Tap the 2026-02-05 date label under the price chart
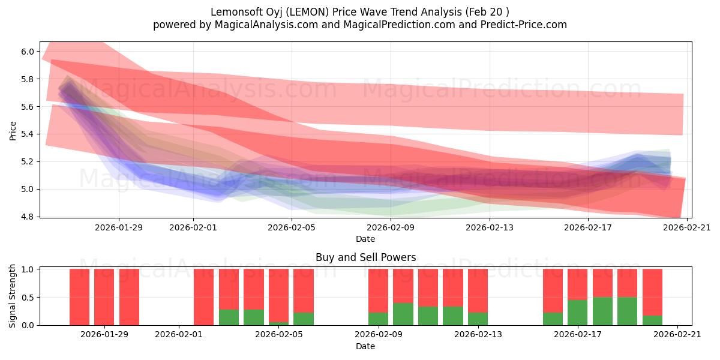pos(292,227)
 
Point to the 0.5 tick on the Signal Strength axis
pos(28,297)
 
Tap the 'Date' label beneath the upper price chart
pos(365,239)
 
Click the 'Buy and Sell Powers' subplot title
pos(365,257)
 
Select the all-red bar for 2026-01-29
pos(104,297)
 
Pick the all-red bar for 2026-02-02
pos(204,297)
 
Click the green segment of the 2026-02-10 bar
pos(403,314)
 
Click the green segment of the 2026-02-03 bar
pos(229,317)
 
